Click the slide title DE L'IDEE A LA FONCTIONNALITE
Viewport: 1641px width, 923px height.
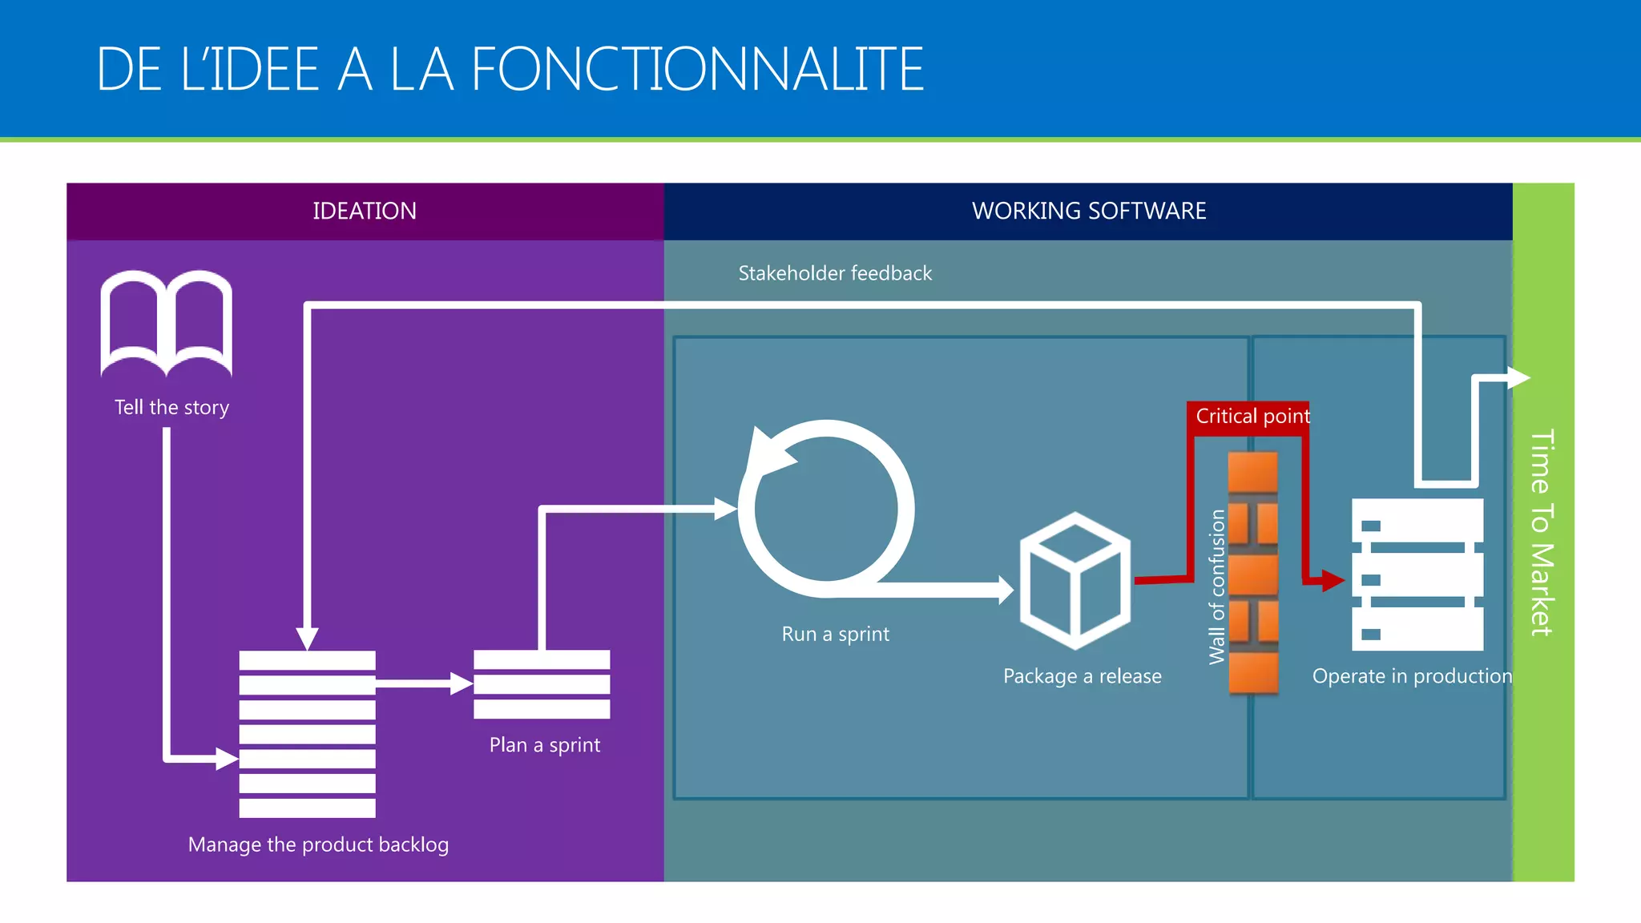coord(510,70)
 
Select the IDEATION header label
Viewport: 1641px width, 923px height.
coord(365,211)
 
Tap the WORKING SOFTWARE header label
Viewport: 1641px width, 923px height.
coord(1088,211)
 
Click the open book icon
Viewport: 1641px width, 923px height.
coord(167,323)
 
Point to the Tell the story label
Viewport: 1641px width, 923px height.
coord(171,408)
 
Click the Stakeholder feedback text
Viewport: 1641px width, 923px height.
coord(835,273)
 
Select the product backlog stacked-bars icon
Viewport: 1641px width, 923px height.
coord(307,734)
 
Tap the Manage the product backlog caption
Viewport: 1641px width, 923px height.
coord(318,844)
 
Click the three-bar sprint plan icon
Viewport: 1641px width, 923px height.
coord(542,684)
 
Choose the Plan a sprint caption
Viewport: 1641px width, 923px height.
coord(545,745)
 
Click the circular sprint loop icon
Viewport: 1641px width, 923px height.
coord(826,508)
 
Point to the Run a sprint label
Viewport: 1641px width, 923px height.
coord(835,634)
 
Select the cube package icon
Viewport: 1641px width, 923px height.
coord(1075,581)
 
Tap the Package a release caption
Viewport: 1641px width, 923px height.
coord(1082,676)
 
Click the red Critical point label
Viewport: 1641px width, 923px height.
coord(1252,417)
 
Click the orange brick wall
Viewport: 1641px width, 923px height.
coord(1253,572)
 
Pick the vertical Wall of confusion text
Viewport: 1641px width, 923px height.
coord(1217,586)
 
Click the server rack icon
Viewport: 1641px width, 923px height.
coord(1417,574)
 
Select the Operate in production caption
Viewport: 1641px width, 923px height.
coord(1412,676)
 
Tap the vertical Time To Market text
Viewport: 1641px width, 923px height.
coord(1542,533)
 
